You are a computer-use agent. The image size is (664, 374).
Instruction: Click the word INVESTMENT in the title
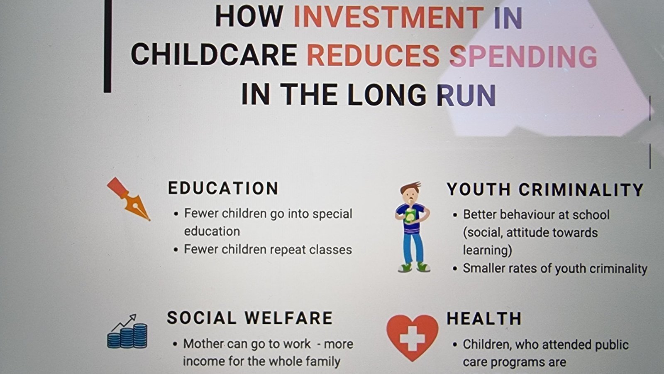coord(388,17)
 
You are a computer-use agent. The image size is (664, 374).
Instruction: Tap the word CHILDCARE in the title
coord(214,55)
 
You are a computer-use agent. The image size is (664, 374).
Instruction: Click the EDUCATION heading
coord(223,188)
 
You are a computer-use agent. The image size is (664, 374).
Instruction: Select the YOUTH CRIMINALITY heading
coord(545,189)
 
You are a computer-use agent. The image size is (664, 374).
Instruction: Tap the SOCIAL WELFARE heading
coord(250,318)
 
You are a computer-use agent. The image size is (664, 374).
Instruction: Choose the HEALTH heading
coord(484,319)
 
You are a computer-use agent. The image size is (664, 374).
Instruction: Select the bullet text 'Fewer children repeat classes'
coord(268,249)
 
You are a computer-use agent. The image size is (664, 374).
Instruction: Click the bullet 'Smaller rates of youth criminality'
coord(555,268)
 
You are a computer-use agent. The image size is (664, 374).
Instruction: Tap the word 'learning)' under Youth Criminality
coord(487,250)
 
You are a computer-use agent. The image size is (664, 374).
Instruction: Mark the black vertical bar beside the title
coord(107,46)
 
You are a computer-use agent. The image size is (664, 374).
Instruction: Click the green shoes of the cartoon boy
coord(414,267)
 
